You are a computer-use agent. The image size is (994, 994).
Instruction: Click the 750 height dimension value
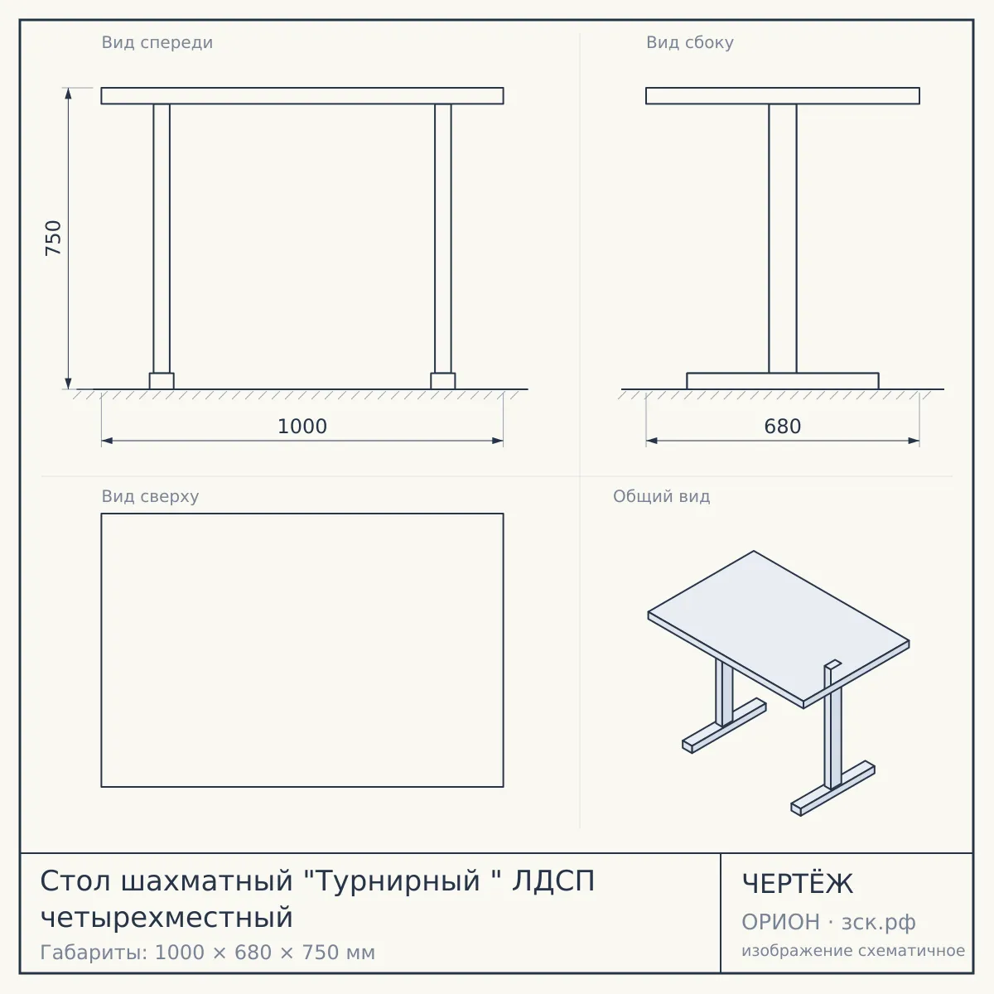tap(54, 239)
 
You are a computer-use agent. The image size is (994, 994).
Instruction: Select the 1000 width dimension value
tap(302, 427)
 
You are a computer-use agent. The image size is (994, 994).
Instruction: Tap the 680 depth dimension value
tap(783, 427)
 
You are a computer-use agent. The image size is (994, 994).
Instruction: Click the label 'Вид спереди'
tap(157, 42)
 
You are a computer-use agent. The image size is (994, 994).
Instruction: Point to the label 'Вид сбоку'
tap(690, 42)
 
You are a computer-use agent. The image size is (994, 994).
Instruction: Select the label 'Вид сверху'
tap(150, 496)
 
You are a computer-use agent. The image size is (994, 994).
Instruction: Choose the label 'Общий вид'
tap(661, 496)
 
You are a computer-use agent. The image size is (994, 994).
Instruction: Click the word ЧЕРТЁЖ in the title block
tap(798, 884)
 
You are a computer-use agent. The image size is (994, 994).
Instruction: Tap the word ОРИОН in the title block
tap(780, 922)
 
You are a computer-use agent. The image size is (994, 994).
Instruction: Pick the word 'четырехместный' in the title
tap(166, 918)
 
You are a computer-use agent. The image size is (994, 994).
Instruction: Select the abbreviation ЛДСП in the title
tap(553, 881)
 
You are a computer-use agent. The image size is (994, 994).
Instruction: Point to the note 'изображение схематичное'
tap(853, 951)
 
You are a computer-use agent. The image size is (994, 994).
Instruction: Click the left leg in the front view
tap(162, 239)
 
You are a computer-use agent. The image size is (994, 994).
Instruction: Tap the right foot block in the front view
tap(443, 381)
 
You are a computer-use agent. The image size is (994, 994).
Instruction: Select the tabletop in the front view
tap(302, 96)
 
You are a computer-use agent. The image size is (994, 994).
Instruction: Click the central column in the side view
tap(783, 239)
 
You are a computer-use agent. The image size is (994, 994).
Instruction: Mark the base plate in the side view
tap(783, 381)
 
